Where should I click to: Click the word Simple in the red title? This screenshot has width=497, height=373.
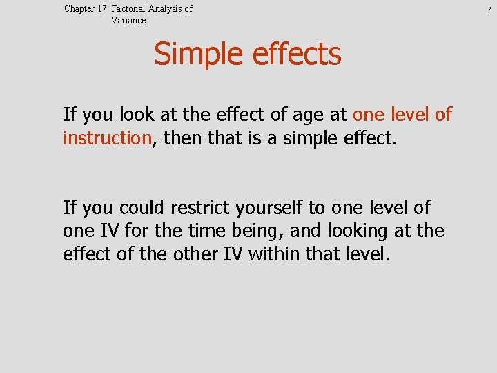[x=193, y=55]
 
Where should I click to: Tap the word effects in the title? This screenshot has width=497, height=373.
[x=293, y=55]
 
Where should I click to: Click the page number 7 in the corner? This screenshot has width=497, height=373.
[x=489, y=9]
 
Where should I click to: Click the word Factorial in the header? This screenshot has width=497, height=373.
[x=129, y=9]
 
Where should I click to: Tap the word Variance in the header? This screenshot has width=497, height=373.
[x=128, y=21]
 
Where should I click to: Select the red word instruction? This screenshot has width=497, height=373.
[x=106, y=138]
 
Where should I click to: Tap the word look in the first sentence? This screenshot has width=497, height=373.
[x=139, y=115]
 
